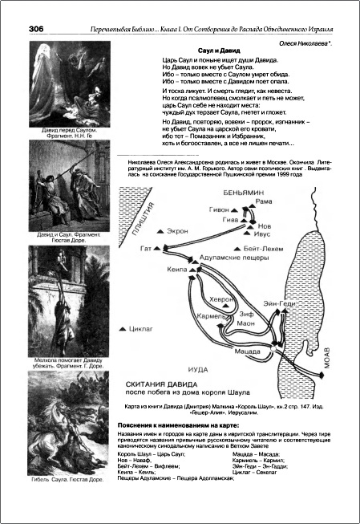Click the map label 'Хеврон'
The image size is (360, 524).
pyautogui.click(x=222, y=297)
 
